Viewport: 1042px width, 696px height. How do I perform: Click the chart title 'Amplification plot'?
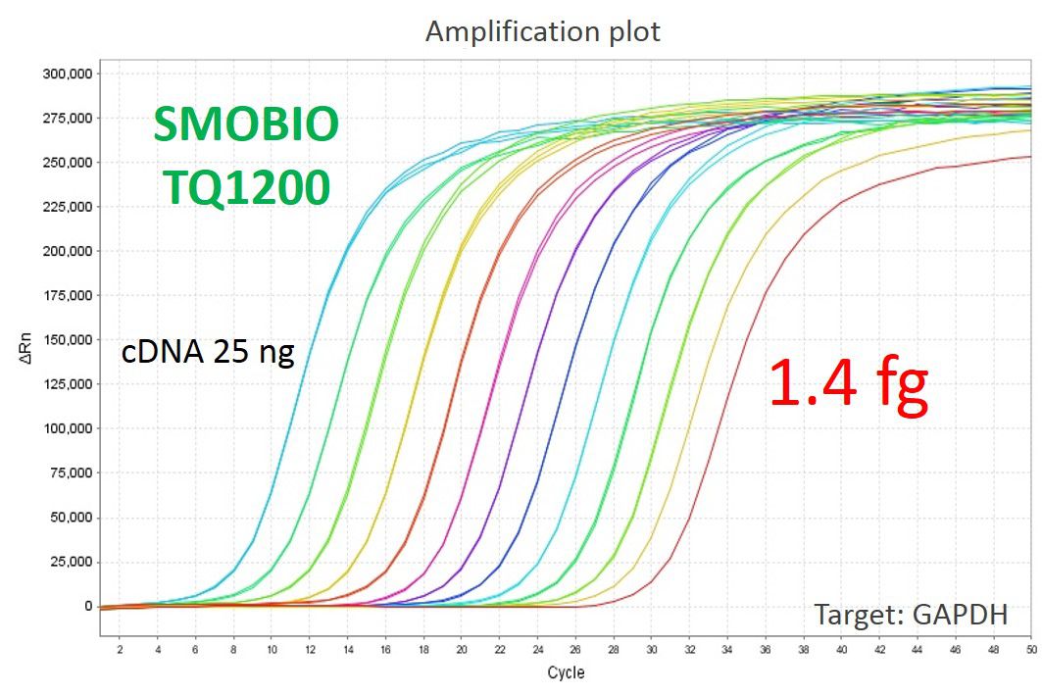coord(542,31)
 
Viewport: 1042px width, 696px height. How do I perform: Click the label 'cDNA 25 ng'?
coord(208,352)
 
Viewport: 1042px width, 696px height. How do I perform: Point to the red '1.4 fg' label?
coord(848,383)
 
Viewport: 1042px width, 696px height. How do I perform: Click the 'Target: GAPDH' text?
coord(911,615)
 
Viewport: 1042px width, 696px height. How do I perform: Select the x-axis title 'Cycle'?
coord(566,672)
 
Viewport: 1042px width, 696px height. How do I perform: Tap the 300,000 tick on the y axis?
coord(68,74)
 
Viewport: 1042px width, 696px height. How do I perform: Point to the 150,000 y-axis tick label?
coord(68,340)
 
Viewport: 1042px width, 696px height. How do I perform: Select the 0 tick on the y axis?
coord(87,606)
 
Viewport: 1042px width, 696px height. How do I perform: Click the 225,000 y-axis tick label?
coord(68,207)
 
